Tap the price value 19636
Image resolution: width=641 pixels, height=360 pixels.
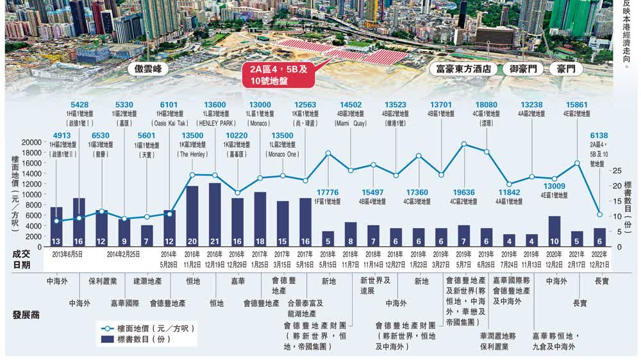tap(464, 191)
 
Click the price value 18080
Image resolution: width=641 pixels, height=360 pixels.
tap(486, 105)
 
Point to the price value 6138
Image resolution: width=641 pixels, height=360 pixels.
tap(599, 135)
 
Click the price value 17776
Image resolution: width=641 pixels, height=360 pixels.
tap(328, 192)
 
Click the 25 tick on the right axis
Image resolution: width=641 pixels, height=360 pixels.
tap(616, 170)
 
